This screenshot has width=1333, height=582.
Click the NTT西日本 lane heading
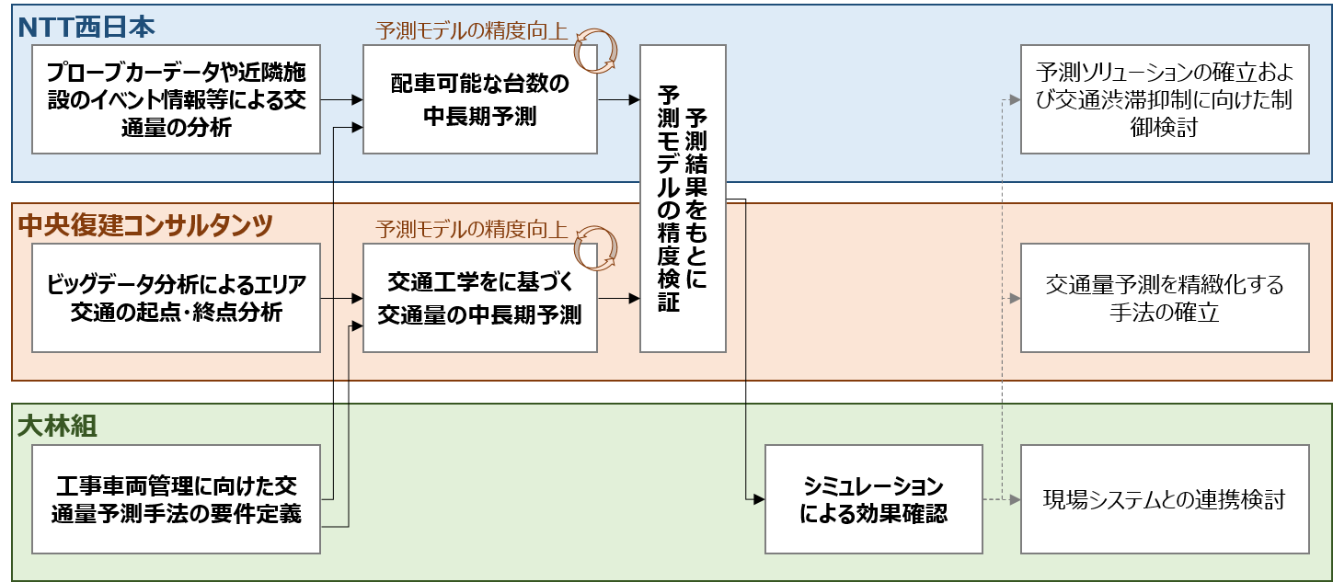tap(87, 26)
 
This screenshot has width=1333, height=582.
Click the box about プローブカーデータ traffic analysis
tap(176, 99)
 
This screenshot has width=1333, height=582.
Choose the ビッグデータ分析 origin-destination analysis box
tap(176, 298)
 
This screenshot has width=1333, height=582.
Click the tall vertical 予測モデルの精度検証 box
tap(682, 199)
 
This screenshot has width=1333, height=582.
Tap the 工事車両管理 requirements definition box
tap(176, 499)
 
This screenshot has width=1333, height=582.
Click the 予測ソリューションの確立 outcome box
tap(1164, 99)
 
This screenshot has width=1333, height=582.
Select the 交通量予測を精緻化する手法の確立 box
tap(1164, 298)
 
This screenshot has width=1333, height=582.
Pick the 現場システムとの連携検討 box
tap(1164, 499)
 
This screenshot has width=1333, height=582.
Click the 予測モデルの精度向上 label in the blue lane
tap(472, 29)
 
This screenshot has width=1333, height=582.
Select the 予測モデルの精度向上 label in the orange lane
tap(472, 229)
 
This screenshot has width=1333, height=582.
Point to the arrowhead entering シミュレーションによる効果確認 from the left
tap(759, 499)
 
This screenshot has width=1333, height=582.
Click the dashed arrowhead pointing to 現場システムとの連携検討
tap(1015, 499)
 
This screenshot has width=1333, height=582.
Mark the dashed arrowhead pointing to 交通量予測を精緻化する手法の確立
tap(1015, 298)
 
